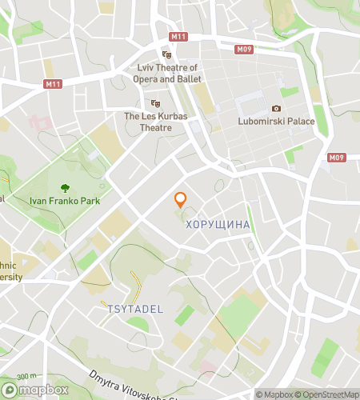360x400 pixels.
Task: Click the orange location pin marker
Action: coord(181,200)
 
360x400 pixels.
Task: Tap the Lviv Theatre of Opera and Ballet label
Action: coord(167,74)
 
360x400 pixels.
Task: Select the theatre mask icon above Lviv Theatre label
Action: coord(167,55)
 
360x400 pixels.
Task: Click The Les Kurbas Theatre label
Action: coord(155,122)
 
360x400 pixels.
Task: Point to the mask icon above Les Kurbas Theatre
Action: coord(155,103)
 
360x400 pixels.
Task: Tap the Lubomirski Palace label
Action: coord(276,122)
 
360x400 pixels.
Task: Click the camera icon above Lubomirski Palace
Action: coord(276,109)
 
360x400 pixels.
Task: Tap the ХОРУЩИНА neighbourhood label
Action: coord(218,226)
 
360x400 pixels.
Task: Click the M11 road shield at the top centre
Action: coord(179,37)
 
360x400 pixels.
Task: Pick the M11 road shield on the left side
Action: coord(53,84)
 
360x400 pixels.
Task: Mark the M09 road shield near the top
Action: coord(246,49)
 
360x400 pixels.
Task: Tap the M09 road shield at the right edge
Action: coord(337,158)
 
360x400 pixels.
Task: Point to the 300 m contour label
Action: coord(26,376)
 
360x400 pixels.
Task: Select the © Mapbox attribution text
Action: coord(274,394)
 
